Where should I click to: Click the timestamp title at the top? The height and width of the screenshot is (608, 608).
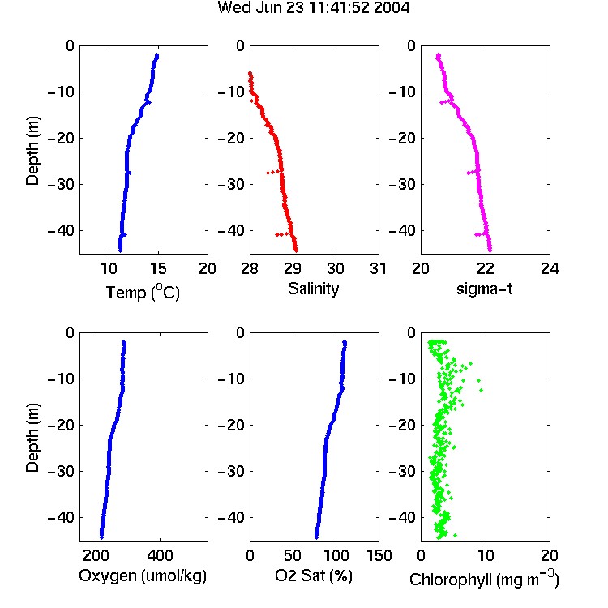[x=313, y=7]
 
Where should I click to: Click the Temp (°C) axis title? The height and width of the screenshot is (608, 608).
[x=143, y=293]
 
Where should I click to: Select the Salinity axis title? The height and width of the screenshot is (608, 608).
[x=313, y=289]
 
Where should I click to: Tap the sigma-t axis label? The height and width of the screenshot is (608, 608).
[x=484, y=289]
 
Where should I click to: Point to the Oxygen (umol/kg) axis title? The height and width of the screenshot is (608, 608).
[x=143, y=576]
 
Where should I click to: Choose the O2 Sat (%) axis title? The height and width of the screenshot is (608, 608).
[x=314, y=576]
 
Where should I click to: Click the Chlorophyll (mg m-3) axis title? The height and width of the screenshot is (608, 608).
[x=484, y=580]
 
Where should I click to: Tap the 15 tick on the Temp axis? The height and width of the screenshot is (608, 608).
[x=158, y=268]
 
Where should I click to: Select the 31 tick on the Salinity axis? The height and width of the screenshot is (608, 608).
[x=378, y=268]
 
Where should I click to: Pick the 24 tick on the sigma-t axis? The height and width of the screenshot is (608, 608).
[x=550, y=268]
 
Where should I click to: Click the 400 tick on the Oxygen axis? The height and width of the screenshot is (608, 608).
[x=160, y=555]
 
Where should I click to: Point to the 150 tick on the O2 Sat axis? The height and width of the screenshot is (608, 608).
[x=379, y=555]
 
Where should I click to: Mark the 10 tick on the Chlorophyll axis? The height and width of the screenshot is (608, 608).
[x=485, y=555]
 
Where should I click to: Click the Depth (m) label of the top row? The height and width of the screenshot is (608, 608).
[x=33, y=151]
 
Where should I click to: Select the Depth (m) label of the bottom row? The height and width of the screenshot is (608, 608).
[x=33, y=438]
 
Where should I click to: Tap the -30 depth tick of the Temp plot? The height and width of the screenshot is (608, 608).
[x=61, y=184]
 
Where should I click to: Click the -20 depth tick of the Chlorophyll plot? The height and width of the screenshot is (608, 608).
[x=402, y=425]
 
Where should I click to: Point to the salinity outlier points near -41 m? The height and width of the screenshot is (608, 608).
[x=282, y=234]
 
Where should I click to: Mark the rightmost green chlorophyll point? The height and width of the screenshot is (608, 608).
[x=482, y=390]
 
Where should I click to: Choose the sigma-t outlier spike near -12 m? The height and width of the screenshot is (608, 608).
[x=446, y=101]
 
